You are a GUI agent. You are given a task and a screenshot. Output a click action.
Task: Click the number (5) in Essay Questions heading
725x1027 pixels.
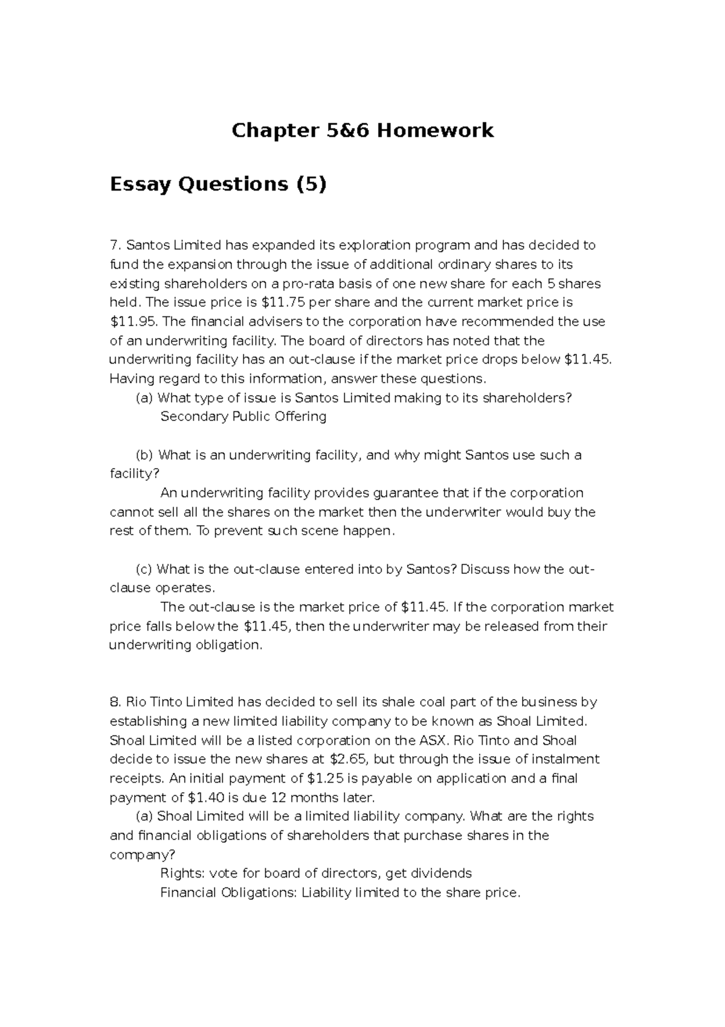point(311,184)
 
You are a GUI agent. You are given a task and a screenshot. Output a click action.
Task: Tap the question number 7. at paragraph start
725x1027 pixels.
point(115,245)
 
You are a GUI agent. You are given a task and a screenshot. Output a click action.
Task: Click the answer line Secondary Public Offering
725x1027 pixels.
point(243,416)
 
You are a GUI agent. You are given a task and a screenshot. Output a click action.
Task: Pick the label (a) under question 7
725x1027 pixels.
point(144,398)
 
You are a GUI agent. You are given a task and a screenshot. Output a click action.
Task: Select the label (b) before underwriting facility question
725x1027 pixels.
point(145,455)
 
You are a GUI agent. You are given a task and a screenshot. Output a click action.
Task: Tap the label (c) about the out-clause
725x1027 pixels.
point(144,569)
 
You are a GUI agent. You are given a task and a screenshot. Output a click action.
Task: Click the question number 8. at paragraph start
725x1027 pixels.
point(115,702)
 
